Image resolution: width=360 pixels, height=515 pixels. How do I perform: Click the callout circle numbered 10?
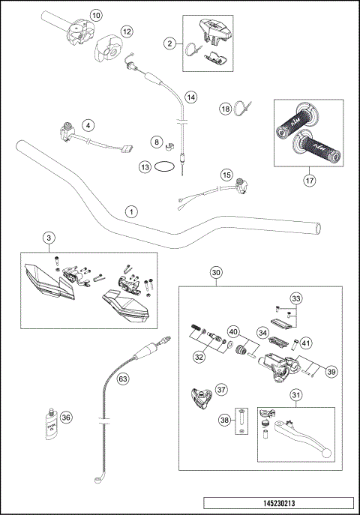pyautogui.click(x=95, y=15)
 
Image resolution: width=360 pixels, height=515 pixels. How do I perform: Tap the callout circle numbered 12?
pyautogui.click(x=127, y=31)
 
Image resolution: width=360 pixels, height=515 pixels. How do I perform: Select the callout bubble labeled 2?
pyautogui.click(x=170, y=44)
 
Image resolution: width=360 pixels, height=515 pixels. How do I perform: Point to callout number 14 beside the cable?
pyautogui.click(x=191, y=97)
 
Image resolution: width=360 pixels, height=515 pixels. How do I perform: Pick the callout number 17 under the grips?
pyautogui.click(x=309, y=180)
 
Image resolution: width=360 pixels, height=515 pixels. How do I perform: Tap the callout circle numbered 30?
pyautogui.click(x=216, y=273)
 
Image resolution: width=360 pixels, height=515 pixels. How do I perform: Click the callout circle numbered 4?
pyautogui.click(x=88, y=125)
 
